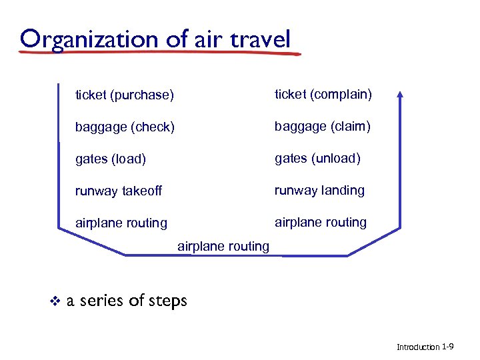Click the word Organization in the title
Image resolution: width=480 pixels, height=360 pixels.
coord(91,39)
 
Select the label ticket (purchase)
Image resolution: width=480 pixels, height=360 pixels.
coord(124,95)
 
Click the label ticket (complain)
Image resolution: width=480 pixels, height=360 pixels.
coord(323,95)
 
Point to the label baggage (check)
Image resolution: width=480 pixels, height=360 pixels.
coord(125,127)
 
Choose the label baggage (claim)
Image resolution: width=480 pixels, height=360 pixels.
coord(323,127)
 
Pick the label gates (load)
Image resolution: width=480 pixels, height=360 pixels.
coord(111,159)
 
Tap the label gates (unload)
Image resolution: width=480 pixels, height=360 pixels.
coord(317,159)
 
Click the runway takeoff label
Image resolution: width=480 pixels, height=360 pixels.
coord(119,191)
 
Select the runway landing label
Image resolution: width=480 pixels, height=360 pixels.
coord(319,191)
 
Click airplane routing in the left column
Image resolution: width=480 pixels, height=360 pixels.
coord(121,223)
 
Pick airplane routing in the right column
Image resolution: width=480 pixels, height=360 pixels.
coord(321,223)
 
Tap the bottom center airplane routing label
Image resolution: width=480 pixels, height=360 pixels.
coord(223,247)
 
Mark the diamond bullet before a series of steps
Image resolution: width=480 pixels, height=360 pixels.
coord(55,301)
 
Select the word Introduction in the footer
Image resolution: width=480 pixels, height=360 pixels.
coord(418,347)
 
